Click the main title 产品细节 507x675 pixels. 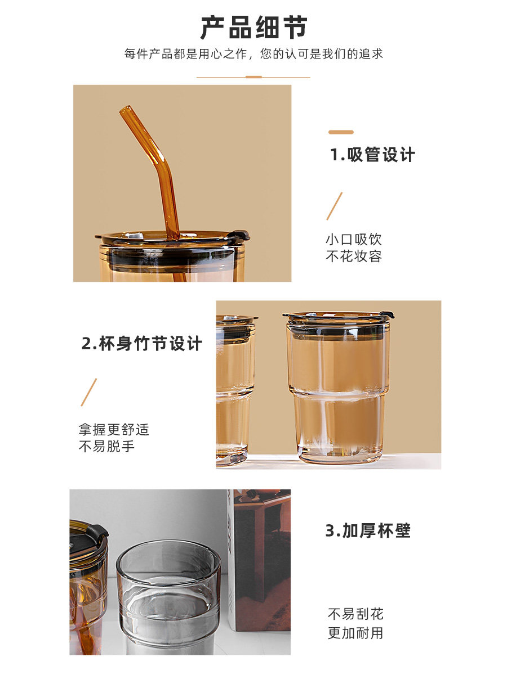pyautogui.click(x=253, y=28)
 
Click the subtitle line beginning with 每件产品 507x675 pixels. pyautogui.click(x=253, y=54)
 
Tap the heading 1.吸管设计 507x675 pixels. pyautogui.click(x=372, y=154)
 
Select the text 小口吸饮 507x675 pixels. pyautogui.click(x=354, y=240)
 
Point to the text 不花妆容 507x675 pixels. pyautogui.click(x=354, y=256)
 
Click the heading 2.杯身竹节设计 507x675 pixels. pyautogui.click(x=142, y=343)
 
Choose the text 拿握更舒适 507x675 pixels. pyautogui.click(x=114, y=430)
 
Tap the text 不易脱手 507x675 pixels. pyautogui.click(x=106, y=446)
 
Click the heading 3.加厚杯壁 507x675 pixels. pyautogui.click(x=368, y=530)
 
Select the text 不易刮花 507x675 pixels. pyautogui.click(x=355, y=614)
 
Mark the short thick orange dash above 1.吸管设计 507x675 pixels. pyautogui.click(x=341, y=132)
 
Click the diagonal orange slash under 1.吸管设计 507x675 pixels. pyautogui.click(x=334, y=206)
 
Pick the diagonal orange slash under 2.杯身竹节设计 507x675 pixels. pyautogui.click(x=88, y=392)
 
